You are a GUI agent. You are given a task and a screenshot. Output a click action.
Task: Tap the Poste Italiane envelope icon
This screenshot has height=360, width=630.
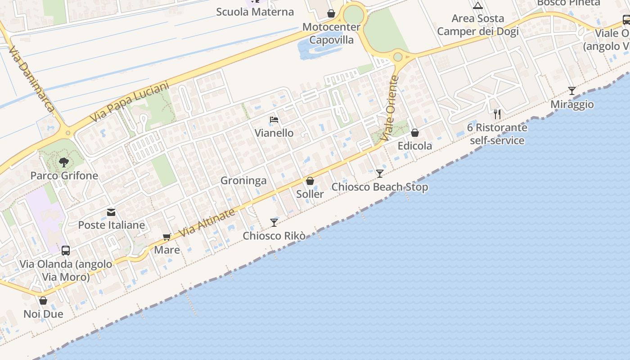[111, 212]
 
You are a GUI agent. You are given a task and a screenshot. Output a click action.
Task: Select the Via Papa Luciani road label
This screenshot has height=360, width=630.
[130, 102]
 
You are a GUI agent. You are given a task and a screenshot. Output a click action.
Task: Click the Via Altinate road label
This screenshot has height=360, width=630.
[207, 223]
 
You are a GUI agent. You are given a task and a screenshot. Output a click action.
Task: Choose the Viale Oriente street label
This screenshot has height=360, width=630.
[389, 108]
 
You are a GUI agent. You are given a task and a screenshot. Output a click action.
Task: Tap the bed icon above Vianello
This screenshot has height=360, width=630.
[274, 120]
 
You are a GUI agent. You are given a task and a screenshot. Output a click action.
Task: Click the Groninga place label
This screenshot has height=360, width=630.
[243, 180]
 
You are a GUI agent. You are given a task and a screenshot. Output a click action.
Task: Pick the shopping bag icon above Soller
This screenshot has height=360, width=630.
[310, 181]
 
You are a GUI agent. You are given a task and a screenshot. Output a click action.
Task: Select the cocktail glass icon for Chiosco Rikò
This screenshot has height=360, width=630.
[274, 222]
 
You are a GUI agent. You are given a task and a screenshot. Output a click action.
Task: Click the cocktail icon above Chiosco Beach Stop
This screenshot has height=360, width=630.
[380, 174]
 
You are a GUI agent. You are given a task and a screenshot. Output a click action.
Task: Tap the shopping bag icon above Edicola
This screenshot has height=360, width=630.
[415, 133]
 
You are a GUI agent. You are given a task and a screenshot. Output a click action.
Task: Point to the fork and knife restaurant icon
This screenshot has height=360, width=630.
[497, 114]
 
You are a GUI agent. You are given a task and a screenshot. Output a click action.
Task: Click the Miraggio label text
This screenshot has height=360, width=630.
[572, 104]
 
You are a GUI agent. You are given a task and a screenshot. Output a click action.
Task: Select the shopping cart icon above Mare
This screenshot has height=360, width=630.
[167, 237]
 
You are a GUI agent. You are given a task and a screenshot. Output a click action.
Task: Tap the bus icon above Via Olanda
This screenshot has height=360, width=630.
[66, 251]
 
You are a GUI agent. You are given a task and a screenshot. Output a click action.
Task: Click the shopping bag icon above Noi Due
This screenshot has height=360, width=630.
[43, 301]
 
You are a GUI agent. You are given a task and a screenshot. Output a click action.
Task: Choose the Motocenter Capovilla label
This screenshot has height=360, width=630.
[331, 33]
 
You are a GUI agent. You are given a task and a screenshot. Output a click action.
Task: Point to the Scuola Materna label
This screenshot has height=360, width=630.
[255, 12]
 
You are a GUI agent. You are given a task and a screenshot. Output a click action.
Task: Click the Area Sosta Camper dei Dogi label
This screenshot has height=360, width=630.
[478, 25]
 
